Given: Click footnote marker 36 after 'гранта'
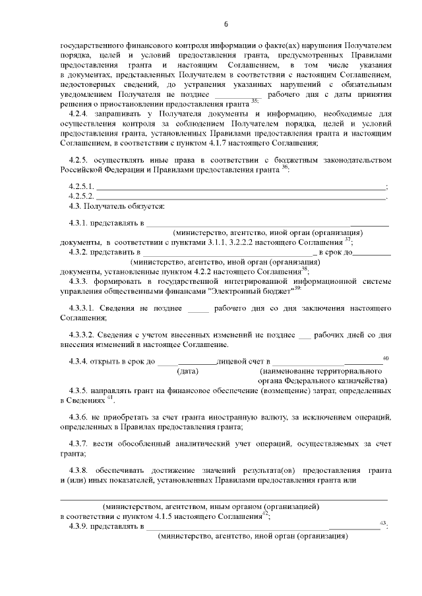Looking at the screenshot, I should [285, 167].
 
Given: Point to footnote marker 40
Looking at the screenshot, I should [386, 357].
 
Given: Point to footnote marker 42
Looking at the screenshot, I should [264, 513].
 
